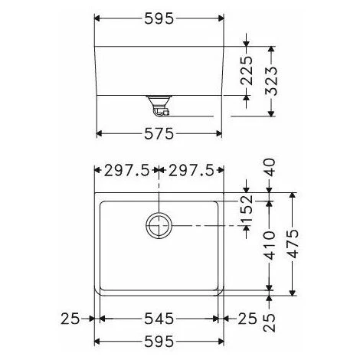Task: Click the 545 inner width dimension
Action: click(158, 319)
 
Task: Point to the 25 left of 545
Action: click(70, 319)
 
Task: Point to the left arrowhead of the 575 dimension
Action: click(99, 133)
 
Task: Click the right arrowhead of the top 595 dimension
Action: click(221, 16)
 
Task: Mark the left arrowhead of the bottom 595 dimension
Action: click(97, 342)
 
